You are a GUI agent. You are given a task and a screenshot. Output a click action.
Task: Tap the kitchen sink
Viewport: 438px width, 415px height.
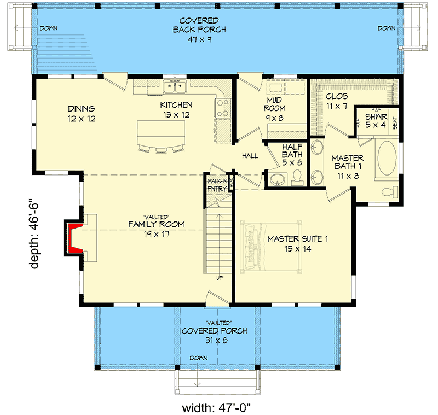pos(176,86)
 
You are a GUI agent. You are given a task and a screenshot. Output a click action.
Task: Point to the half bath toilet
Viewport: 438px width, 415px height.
pos(297,176)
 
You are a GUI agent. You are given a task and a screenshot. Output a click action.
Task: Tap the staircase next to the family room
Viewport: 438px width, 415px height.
pos(219,241)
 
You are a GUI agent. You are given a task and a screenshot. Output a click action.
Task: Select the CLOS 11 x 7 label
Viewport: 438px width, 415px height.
pos(337,101)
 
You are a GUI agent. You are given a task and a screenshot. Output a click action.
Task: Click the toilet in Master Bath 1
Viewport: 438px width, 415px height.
pos(389,191)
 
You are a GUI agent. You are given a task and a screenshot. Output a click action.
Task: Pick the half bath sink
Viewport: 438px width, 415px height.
pos(276,179)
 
